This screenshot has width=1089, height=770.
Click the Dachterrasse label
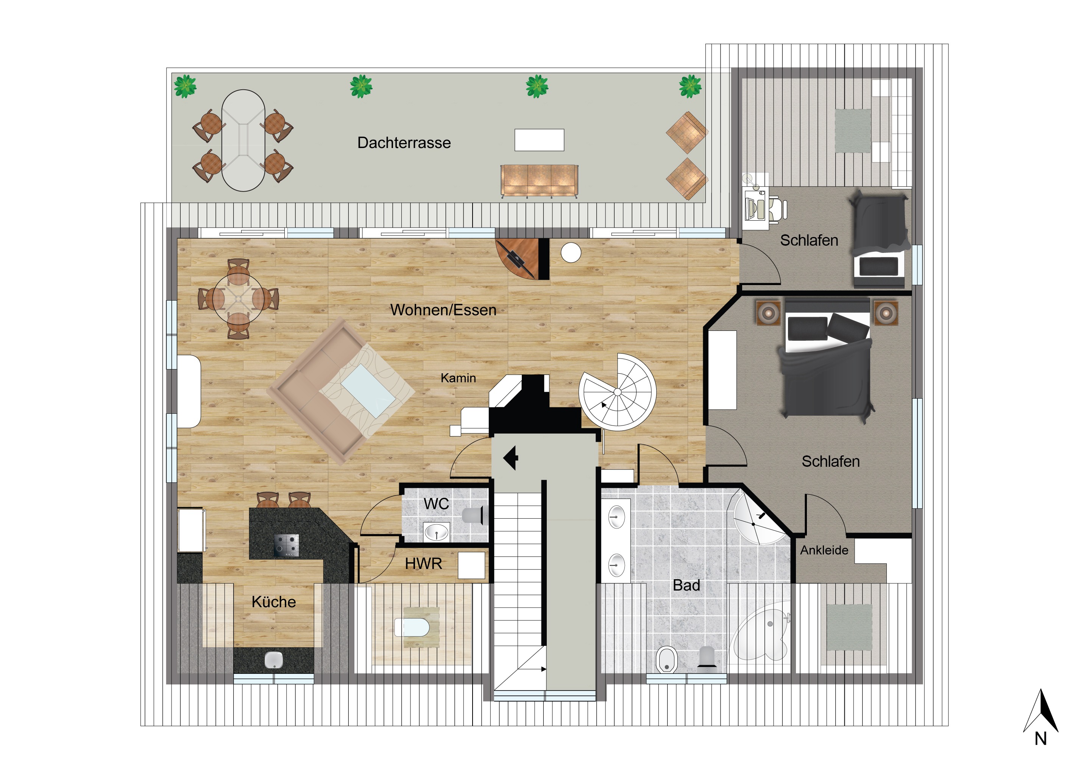coord(404,143)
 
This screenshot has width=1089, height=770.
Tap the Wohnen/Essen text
coord(443,310)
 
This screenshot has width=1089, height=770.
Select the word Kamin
coord(458,378)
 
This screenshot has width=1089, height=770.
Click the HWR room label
coord(424,564)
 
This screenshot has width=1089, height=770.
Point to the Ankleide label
coord(824,550)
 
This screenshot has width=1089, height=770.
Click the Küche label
coord(274,602)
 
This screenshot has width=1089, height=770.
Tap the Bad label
coord(686,586)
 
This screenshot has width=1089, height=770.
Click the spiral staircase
coord(618,392)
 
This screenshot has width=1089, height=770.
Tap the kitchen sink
coord(274,660)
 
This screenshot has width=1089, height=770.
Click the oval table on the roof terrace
coord(243,140)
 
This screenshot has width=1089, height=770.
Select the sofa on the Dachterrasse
coord(539,181)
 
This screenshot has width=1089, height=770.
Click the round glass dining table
coord(238,299)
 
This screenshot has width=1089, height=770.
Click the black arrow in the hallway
coord(510,458)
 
